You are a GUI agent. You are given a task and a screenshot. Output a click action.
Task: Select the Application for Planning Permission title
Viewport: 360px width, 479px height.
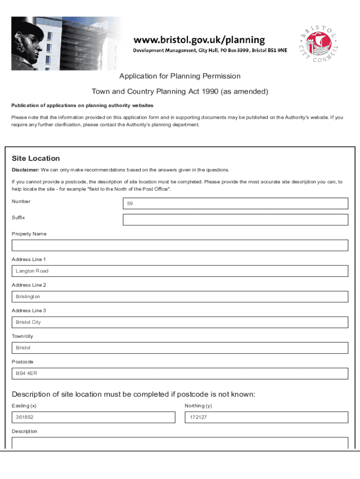click(180, 76)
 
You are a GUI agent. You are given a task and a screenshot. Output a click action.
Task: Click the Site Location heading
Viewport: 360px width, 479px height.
click(36, 159)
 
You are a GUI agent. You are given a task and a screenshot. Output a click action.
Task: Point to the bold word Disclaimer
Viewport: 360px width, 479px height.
click(25, 169)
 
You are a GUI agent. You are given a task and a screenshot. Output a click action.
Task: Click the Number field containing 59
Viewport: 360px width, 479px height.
click(235, 203)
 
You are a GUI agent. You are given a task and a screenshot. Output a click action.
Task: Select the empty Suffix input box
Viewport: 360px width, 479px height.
click(235, 220)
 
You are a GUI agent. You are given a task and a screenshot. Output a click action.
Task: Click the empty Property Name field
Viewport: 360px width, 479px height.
click(180, 246)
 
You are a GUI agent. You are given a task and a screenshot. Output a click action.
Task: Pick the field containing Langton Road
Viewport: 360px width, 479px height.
click(180, 271)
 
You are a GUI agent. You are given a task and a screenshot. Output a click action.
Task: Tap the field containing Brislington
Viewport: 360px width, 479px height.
click(180, 297)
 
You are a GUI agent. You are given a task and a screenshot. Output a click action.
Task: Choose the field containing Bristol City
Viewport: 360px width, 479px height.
click(180, 322)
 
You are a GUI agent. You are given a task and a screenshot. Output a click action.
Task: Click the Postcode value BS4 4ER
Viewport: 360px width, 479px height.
click(27, 374)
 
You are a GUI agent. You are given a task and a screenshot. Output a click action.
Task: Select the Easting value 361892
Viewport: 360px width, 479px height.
click(25, 417)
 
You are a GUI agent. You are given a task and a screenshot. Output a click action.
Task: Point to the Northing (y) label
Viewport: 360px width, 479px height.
click(198, 406)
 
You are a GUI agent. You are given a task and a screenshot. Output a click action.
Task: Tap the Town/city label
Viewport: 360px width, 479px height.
click(22, 336)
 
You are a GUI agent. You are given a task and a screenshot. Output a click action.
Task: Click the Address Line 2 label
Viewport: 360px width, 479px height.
click(29, 285)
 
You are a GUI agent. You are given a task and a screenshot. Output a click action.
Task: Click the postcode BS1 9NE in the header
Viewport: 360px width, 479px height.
click(276, 50)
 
